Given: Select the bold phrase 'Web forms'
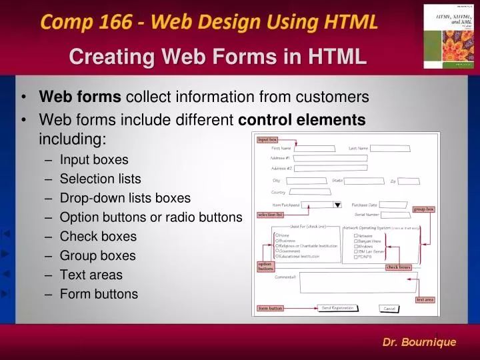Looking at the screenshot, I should (x=80, y=97).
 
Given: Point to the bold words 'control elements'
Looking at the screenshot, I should (x=302, y=120).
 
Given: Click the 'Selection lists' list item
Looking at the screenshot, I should (x=100, y=179).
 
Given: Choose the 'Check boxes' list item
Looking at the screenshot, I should (x=98, y=236).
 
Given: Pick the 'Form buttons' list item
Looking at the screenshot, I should (x=99, y=294).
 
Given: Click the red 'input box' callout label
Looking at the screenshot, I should (x=267, y=139).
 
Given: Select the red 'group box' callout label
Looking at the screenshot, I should (x=424, y=209).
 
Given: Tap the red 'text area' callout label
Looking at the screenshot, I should (x=425, y=299).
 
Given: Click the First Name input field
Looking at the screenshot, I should (x=315, y=149).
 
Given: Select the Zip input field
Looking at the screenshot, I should (x=409, y=181).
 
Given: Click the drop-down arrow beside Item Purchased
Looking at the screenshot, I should (x=337, y=205).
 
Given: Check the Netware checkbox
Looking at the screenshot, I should (x=355, y=235).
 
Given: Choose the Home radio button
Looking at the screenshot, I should (x=277, y=235).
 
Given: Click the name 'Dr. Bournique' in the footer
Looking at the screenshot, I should (x=419, y=342).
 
